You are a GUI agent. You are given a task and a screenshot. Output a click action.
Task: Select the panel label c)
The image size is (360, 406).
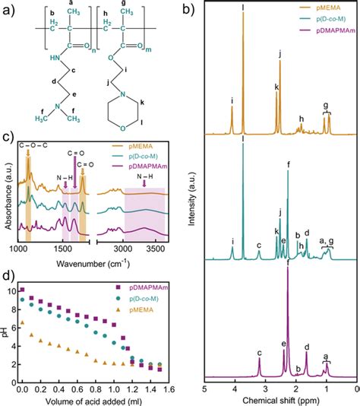coord(7,137)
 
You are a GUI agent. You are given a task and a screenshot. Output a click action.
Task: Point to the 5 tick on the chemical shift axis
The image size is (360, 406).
coord(204,389)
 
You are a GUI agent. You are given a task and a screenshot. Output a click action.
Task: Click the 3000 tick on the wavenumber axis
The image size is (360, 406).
coord(123,249)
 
